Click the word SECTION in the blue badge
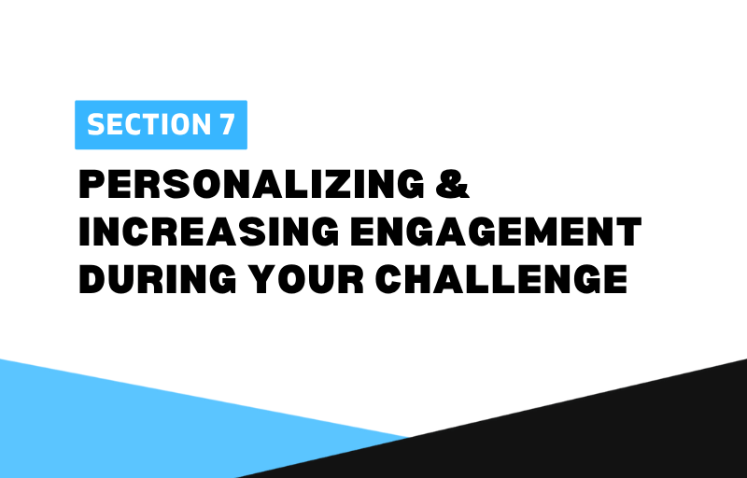pos(148,125)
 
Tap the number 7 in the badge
pos(227,125)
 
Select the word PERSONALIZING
pos(251,184)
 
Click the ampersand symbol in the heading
pos(453,184)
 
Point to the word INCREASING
pos(209,232)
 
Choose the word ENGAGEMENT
pos(496,232)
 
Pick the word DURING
pos(157,279)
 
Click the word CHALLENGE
pos(501,279)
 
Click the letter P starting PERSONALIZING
pos(92,184)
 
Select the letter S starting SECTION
pos(96,125)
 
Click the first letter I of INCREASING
pos(85,232)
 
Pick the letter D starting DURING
pos(92,279)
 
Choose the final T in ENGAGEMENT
pos(628,232)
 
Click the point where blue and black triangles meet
pos(408,437)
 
